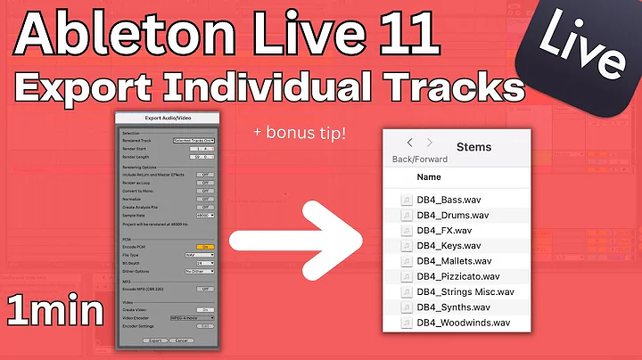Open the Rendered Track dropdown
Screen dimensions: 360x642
click(192, 141)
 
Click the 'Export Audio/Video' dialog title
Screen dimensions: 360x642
click(169, 118)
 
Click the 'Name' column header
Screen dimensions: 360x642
click(429, 177)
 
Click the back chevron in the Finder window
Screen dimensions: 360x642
click(409, 143)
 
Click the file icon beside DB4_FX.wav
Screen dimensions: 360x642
click(406, 230)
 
